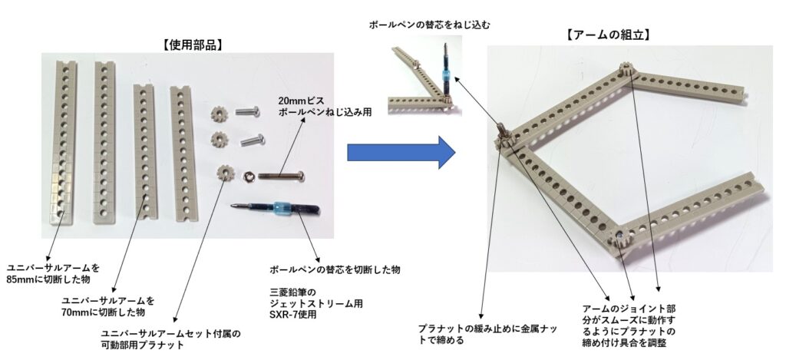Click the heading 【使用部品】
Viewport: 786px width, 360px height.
[193, 45]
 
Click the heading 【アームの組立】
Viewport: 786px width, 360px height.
[608, 35]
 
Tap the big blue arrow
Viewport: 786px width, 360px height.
[401, 152]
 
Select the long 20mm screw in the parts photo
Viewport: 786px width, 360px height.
[281, 176]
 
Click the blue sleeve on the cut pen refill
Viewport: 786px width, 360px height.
[281, 207]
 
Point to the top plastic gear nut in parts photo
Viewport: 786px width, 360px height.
[220, 113]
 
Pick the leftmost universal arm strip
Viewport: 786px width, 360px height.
[63, 142]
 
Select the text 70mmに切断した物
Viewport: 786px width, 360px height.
[102, 312]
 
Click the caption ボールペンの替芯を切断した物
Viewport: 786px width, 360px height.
[335, 270]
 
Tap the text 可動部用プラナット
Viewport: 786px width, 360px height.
[142, 345]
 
